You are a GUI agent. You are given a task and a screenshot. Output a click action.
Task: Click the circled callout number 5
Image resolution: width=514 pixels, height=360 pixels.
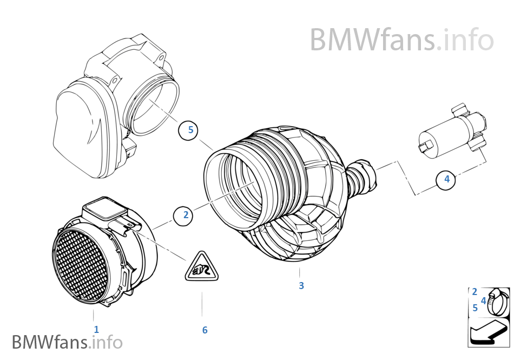pyautogui.click(x=190, y=130)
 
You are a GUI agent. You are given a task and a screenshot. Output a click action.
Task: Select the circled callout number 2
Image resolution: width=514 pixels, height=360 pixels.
pyautogui.click(x=186, y=215)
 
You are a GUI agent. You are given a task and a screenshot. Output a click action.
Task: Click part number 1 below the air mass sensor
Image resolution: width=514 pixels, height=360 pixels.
pyautogui.click(x=96, y=329)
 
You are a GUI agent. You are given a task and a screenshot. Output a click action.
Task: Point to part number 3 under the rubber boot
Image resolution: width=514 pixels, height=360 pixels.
pyautogui.click(x=301, y=285)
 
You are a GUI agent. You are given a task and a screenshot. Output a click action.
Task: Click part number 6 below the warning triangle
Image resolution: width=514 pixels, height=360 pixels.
pyautogui.click(x=205, y=330)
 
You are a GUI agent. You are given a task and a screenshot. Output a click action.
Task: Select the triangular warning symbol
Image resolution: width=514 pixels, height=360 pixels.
pyautogui.click(x=202, y=269)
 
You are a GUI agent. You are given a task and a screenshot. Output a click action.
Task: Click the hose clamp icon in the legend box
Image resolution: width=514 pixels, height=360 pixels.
pyautogui.click(x=498, y=302)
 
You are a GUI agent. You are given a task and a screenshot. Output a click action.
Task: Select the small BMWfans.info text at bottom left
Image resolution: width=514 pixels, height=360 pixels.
pyautogui.click(x=67, y=342)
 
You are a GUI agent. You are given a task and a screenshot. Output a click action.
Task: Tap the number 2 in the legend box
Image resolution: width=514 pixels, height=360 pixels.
pyautogui.click(x=475, y=292)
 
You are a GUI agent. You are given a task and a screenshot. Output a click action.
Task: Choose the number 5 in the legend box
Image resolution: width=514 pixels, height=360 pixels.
pyautogui.click(x=475, y=308)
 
